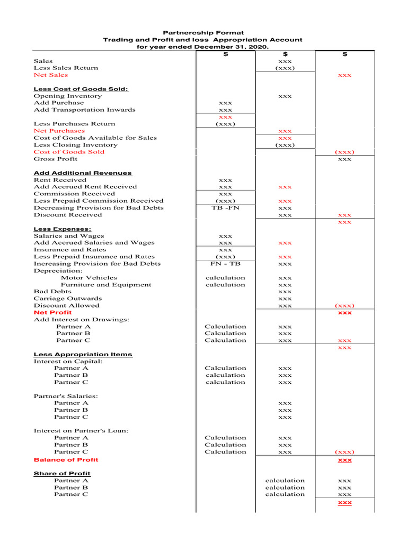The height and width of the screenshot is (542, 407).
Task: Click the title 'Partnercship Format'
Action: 203,33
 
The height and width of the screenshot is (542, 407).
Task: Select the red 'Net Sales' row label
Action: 51,75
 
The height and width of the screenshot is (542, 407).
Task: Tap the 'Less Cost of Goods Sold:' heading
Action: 81,89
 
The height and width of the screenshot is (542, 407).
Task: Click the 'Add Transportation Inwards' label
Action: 85,110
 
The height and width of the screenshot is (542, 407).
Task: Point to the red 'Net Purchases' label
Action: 59,131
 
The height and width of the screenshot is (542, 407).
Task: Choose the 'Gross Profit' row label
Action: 56,159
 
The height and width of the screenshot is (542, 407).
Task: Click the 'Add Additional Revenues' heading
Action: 83,173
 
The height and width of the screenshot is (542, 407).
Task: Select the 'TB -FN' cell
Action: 225,208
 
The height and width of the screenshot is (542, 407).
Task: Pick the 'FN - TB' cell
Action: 225,264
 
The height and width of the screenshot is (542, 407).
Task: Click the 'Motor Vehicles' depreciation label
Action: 89,278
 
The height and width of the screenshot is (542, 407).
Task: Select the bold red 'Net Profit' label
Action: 52,313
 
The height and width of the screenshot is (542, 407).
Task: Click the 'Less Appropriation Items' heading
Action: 83,355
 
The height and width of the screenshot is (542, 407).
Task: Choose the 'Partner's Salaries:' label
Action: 66,396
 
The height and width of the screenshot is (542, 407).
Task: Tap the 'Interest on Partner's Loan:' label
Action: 81,431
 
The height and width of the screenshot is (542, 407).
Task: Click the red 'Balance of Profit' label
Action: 66,459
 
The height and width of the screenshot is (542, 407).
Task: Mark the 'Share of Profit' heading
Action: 62,474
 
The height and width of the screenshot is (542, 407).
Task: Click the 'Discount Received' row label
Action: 68,215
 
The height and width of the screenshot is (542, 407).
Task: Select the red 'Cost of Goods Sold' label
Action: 69,152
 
